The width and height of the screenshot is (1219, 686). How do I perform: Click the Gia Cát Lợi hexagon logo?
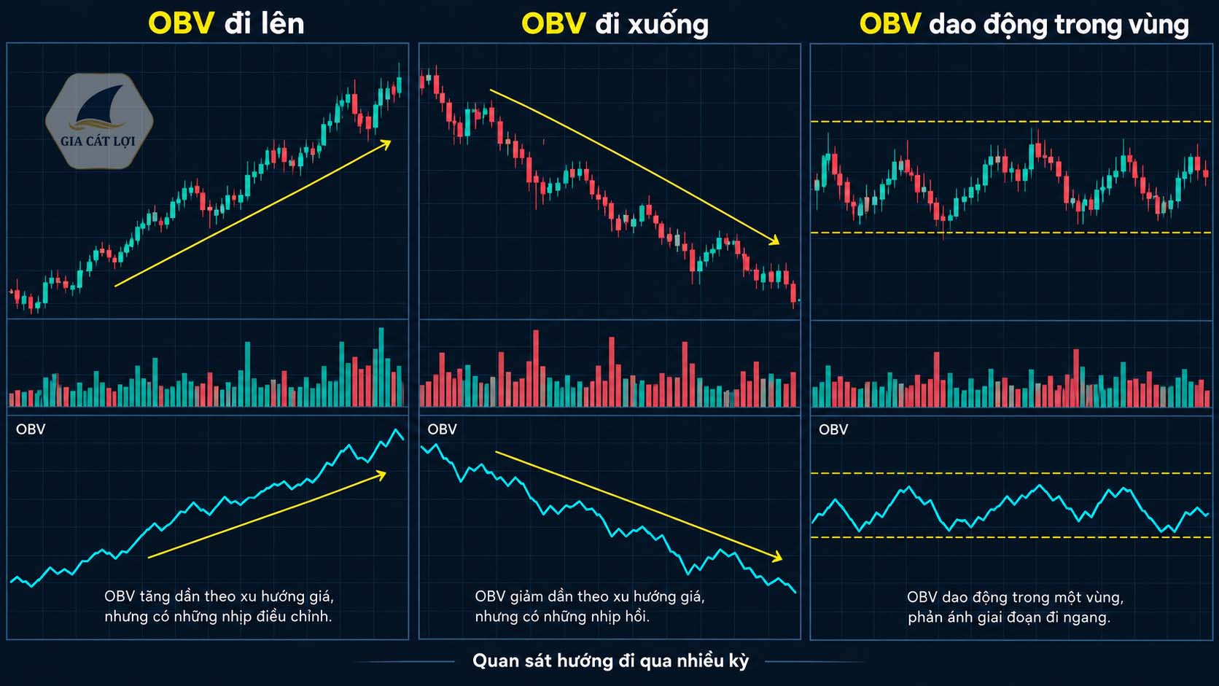click(x=99, y=121)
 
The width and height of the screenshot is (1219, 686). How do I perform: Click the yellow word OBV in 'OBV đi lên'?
click(x=182, y=24)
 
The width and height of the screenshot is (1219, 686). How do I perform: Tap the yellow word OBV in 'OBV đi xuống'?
click(x=553, y=24)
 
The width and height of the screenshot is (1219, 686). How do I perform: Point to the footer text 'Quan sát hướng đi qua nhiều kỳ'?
click(x=610, y=661)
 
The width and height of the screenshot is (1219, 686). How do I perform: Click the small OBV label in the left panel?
click(x=31, y=430)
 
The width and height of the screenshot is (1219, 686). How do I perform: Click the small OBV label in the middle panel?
click(x=442, y=430)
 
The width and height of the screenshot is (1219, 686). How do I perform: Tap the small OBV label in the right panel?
click(x=833, y=430)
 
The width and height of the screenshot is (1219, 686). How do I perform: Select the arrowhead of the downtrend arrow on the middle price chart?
click(x=774, y=240)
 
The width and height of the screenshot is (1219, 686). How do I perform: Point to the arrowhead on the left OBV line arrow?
click(x=381, y=475)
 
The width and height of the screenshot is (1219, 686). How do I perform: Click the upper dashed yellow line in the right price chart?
click(x=1011, y=121)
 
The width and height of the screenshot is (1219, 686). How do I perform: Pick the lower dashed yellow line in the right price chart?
click(x=1011, y=233)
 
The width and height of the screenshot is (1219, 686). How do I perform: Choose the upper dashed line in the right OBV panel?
click(x=1011, y=473)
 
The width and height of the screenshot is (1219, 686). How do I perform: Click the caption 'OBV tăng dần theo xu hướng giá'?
click(x=219, y=597)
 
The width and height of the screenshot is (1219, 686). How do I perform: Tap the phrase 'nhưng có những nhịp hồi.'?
click(x=562, y=617)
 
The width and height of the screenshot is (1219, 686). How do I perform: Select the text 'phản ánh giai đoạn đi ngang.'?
click(x=1009, y=618)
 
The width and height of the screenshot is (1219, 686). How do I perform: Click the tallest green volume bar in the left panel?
click(x=381, y=367)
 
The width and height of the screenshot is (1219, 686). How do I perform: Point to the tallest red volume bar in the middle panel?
click(x=536, y=367)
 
